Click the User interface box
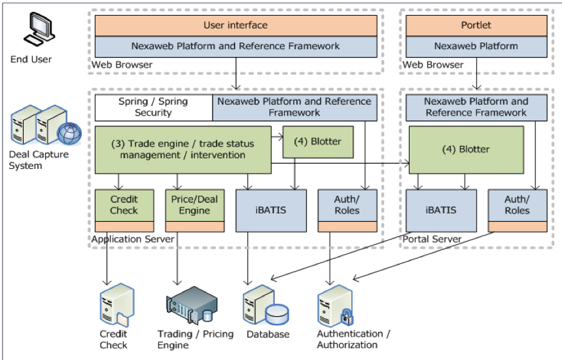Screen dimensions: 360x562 pos(236,26)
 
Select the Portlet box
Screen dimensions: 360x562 pos(476,26)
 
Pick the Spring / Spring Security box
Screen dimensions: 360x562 pos(153,107)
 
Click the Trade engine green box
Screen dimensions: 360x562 pos(183,149)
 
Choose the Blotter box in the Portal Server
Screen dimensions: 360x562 pos(466,149)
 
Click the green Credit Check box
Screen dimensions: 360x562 pos(124,205)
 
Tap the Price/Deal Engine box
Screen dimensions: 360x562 pos(194,205)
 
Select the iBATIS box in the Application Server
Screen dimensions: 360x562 pos(270,210)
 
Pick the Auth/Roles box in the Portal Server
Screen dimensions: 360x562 pos(517,205)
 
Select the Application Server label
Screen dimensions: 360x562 pos(133,240)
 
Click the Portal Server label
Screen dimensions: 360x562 pos(432,240)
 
